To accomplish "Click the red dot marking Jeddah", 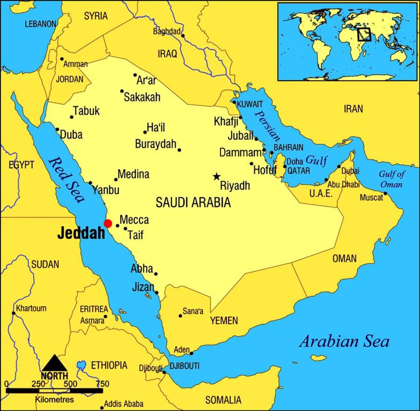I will coord(108,223).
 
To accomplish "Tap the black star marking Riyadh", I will coord(217,176).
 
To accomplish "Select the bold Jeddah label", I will coord(81,233).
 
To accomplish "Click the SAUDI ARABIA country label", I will coord(193,202).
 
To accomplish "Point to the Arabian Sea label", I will coord(344,341).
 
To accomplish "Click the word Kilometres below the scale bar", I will coord(55,399).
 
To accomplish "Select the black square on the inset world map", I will coord(364,34).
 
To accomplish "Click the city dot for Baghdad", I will coord(183,35).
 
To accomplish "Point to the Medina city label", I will coord(133,174).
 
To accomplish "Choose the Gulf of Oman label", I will coord(392,179).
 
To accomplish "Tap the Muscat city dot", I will coord(385,193).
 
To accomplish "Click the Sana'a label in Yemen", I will coord(193,311).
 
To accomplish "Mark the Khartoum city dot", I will coord(14,313).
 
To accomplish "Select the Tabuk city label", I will coord(86,111).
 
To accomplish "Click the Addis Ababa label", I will coord(124,404).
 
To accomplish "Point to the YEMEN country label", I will coord(224,320).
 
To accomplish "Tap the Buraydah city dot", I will coord(179,150).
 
